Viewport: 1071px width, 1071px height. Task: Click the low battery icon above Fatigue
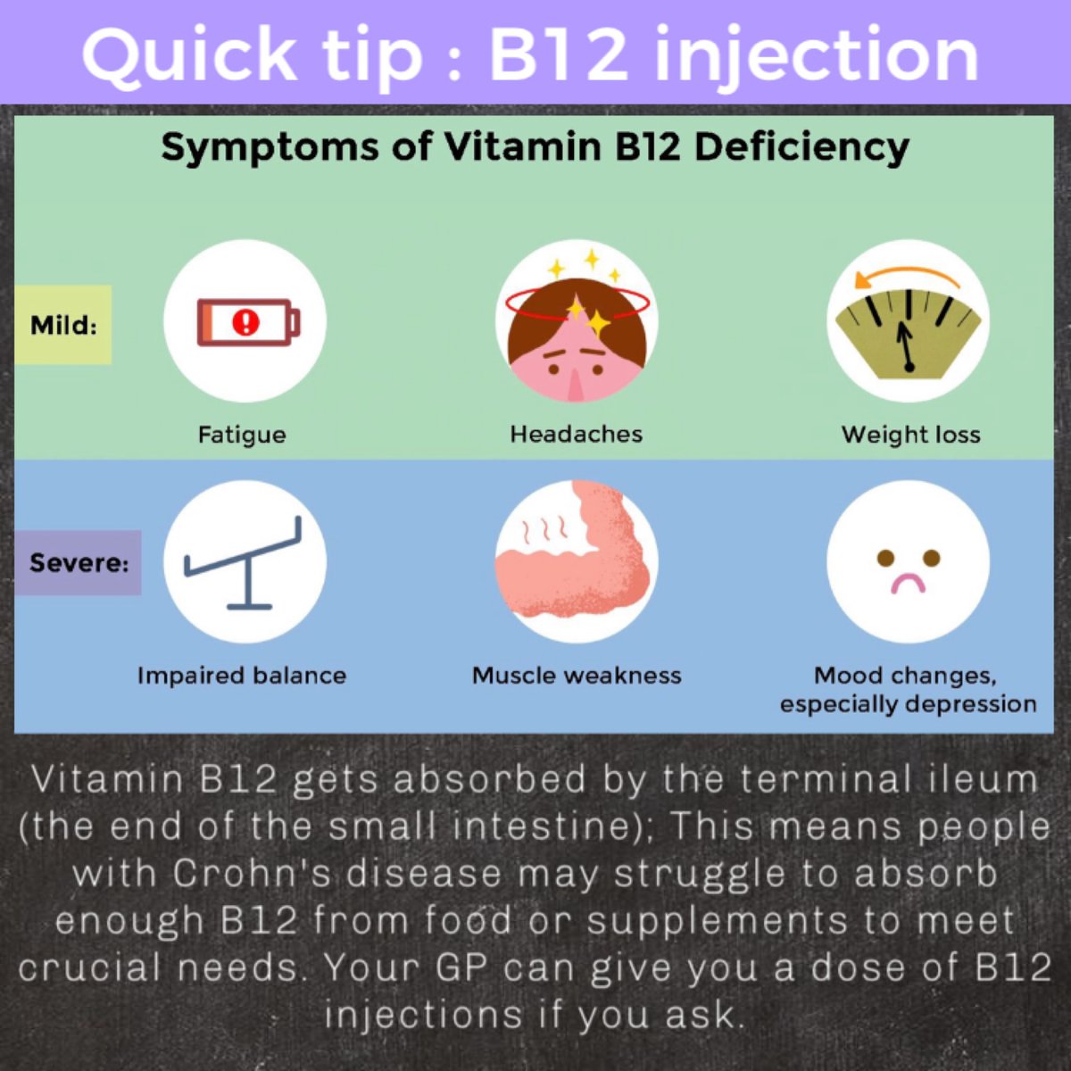(x=248, y=322)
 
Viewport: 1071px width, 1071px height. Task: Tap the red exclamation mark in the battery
(x=245, y=322)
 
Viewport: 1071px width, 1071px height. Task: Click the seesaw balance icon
(x=243, y=561)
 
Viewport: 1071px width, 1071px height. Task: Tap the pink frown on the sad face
(x=909, y=584)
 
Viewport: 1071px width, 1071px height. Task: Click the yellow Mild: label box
(x=62, y=325)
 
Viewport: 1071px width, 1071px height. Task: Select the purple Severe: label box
(x=78, y=563)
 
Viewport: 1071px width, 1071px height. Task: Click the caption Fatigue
(x=242, y=435)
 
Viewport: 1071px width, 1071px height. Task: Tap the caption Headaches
(x=577, y=435)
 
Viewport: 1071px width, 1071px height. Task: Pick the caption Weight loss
(x=910, y=435)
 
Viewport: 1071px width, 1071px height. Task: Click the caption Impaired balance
(x=242, y=676)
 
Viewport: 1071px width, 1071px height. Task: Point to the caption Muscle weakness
(x=577, y=676)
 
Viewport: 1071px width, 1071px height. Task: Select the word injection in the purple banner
(x=817, y=55)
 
